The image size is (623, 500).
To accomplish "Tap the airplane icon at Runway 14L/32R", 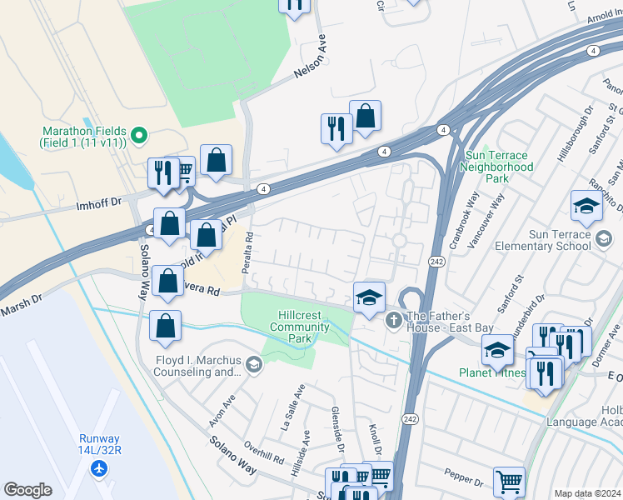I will click(x=100, y=469).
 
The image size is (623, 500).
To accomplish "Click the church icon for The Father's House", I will click(x=394, y=319).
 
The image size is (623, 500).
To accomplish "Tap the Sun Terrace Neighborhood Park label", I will click(x=498, y=167).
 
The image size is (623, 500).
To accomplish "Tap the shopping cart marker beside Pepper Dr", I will click(x=509, y=480).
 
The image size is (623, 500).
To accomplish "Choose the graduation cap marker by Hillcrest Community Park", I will click(x=369, y=297).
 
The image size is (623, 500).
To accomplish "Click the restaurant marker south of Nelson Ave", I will click(x=336, y=128).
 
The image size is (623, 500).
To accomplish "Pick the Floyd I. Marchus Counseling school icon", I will click(x=253, y=363).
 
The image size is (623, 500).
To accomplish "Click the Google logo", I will click(x=28, y=490).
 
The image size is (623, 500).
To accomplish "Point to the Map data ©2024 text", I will click(x=587, y=493).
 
